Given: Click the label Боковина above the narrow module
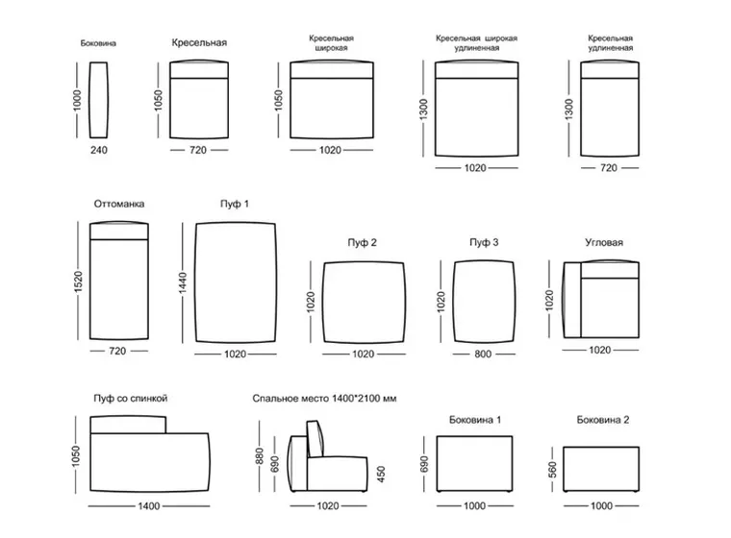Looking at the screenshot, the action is coord(98,43).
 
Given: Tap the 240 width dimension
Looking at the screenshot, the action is coord(99,150).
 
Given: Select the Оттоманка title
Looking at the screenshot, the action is coord(119,204).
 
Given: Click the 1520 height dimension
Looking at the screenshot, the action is coord(78,281).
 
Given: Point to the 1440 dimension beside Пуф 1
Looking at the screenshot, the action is coord(183,282).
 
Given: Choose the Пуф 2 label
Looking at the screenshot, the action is coord(363,243).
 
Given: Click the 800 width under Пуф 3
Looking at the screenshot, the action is coord(483,354).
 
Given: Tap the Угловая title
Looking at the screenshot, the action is coord(604,242).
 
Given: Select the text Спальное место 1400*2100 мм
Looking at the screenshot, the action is coord(324,399).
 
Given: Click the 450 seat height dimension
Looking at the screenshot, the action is coord(381,475).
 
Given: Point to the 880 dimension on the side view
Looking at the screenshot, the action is coord(260,456).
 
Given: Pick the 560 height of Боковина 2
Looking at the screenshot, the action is coord(552,470).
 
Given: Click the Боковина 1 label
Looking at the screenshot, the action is coord(475,420).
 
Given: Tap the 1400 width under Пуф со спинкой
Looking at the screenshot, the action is coord(149,506).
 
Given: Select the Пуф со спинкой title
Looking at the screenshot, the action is coord(131,399).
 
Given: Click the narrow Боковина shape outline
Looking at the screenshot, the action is coord(90,100).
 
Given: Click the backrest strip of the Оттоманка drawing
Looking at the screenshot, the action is coord(119,232).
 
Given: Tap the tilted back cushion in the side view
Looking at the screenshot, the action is coord(315,438).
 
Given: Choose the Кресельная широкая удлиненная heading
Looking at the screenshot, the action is coord(476,43).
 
